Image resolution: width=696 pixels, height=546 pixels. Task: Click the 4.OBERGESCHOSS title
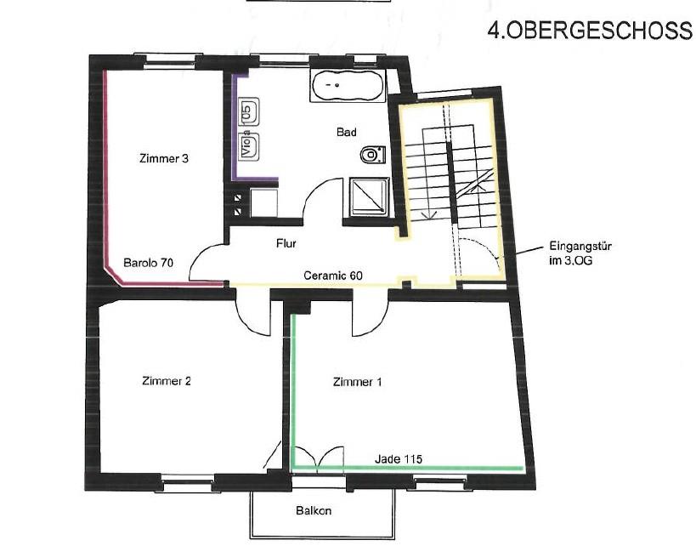coord(590,31)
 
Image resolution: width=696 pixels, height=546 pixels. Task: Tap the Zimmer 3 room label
coord(164,158)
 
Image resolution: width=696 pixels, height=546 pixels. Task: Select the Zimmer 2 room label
coord(167,381)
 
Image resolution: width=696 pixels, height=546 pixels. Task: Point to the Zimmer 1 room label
coord(357,382)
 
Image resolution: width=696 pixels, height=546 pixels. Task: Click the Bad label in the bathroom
coord(346,132)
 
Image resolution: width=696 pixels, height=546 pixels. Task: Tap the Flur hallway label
coord(286,243)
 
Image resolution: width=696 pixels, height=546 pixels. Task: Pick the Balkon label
coord(314,510)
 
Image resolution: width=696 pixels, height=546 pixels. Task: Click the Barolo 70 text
coord(148,263)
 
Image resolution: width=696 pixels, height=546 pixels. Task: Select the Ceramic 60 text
coord(333,276)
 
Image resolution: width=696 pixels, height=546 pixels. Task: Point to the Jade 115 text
coord(399,458)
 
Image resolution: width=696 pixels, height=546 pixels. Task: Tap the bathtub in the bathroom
coord(348,85)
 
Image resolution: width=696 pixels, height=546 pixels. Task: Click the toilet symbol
coord(372,155)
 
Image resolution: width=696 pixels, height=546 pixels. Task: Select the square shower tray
coord(369,197)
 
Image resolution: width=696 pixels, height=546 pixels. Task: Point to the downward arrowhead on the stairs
coord(429,214)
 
